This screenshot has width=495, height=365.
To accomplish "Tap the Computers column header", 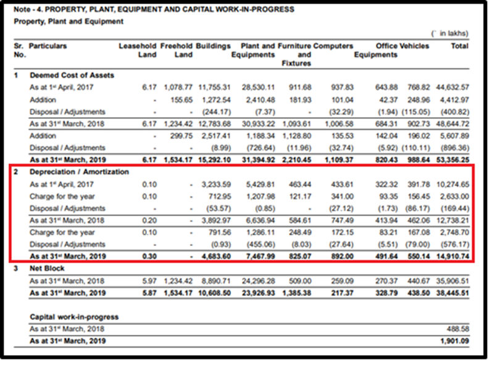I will pyautogui.click(x=334, y=46).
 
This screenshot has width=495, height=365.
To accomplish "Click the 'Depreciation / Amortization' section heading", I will pyautogui.click(x=79, y=171).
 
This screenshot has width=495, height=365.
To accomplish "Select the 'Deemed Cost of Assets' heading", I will pyautogui.click(x=72, y=75).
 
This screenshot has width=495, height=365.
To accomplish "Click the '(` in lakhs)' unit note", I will pyautogui.click(x=450, y=33).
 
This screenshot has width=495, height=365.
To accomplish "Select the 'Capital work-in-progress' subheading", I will pyautogui.click(x=73, y=317).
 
